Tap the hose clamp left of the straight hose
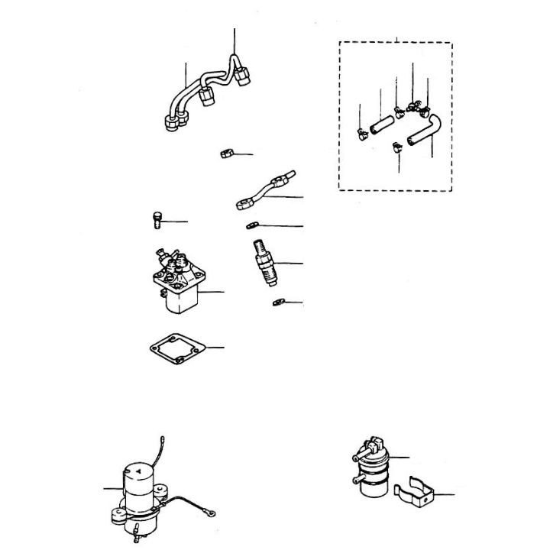click(x=361, y=135)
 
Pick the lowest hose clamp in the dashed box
click(x=396, y=147)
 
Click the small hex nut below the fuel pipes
click(x=226, y=154)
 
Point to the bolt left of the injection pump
click(x=155, y=221)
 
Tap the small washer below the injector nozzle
click(x=278, y=303)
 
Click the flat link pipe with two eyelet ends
click(x=263, y=191)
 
